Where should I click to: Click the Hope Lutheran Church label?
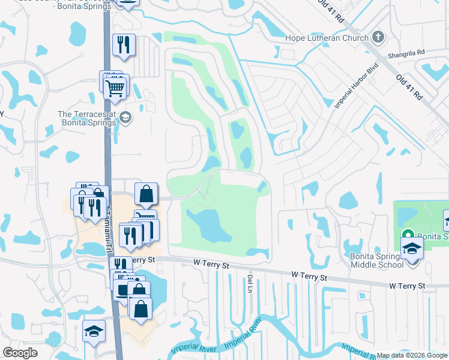pos(327,37)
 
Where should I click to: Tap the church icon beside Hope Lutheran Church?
pos(378,37)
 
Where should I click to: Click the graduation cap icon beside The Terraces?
pos(125,117)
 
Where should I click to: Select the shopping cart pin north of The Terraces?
pos(115,88)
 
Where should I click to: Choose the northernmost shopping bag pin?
pos(146,194)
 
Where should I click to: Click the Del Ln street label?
pos(250,284)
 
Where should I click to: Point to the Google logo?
pos(20,353)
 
